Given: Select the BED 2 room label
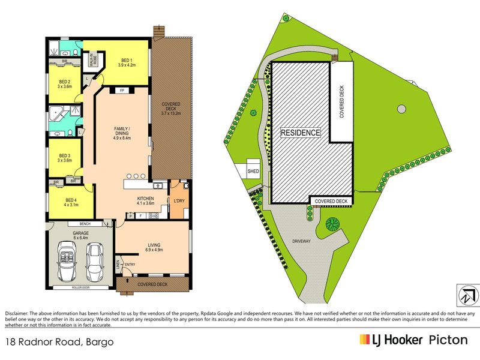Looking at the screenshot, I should click(65, 83).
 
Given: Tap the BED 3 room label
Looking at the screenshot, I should click(65, 157).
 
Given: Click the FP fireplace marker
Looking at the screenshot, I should click(121, 91).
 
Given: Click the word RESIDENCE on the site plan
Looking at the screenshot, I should click(301, 133).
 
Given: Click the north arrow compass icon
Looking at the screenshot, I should click(466, 295).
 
